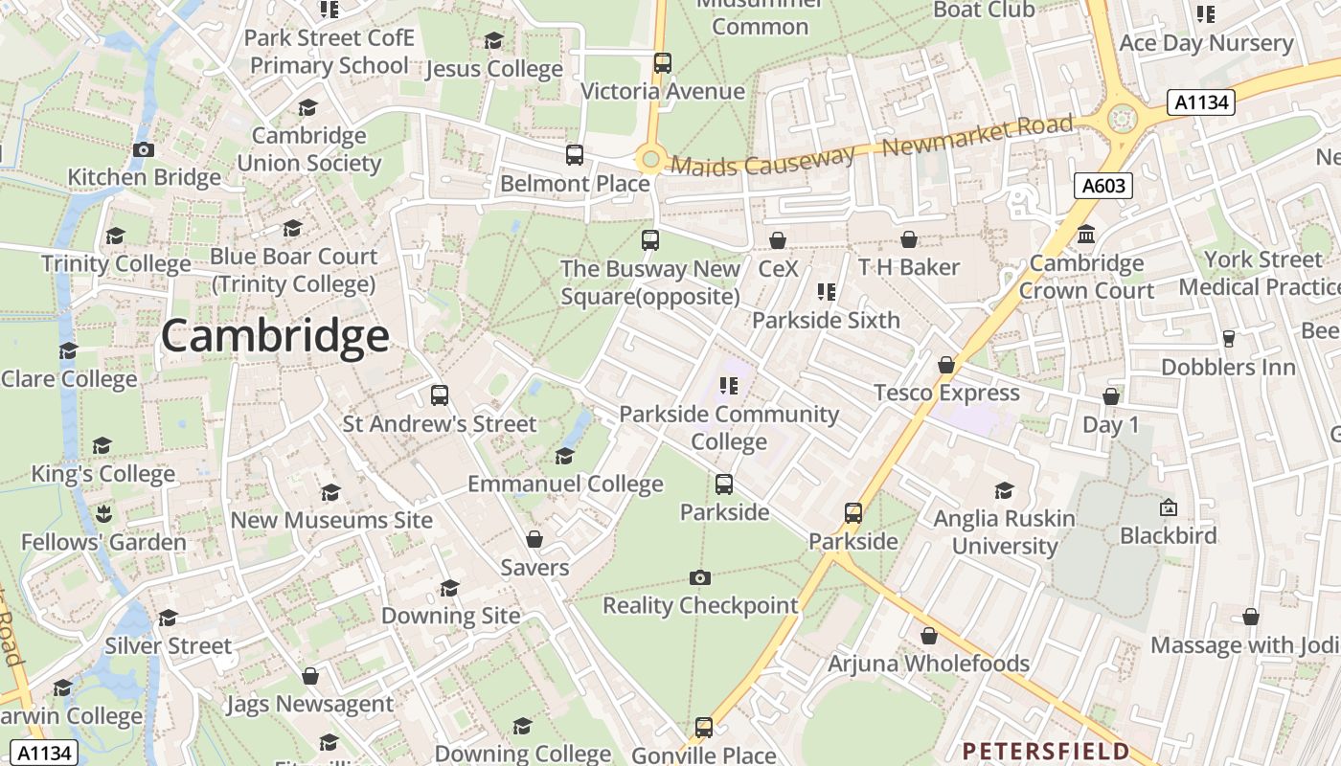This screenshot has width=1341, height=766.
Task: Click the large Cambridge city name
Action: tap(275, 337)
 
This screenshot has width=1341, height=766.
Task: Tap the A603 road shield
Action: tap(1102, 186)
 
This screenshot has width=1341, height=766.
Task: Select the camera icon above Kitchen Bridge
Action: tap(144, 149)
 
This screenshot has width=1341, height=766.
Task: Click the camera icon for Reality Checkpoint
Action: tap(700, 577)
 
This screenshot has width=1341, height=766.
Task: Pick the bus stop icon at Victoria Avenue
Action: tap(662, 63)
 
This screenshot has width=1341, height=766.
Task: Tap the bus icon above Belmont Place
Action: tap(575, 155)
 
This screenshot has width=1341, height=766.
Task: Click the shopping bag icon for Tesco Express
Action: tap(946, 365)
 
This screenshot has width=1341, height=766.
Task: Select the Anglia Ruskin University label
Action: tap(1004, 532)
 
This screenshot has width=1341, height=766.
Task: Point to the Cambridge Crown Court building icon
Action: tap(1086, 235)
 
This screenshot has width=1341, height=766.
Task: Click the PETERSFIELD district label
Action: tap(1046, 751)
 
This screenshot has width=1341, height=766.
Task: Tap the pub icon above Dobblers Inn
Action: tap(1228, 338)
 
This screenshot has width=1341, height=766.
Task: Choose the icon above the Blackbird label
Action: tap(1168, 507)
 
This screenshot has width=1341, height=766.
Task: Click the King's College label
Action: tap(103, 474)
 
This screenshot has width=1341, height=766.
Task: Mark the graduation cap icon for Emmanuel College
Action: tap(564, 456)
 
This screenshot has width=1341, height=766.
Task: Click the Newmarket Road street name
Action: tap(977, 135)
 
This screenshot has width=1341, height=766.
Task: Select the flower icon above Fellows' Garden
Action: tap(103, 513)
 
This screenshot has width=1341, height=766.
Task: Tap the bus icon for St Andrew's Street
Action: tap(440, 394)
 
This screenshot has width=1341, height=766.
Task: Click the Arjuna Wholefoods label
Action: tap(928, 664)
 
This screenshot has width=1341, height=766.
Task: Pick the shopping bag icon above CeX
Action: tap(778, 239)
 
